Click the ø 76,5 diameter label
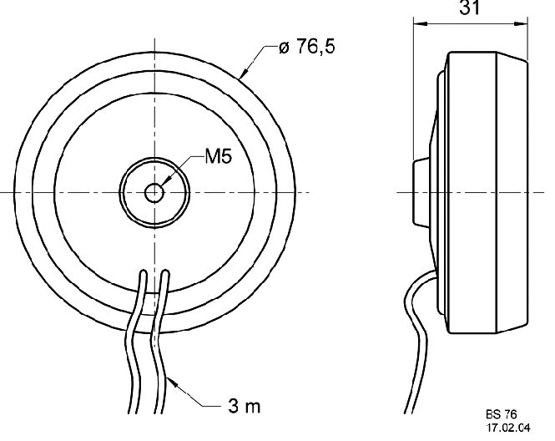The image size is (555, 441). tap(306, 47)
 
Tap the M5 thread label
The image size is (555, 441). tap(218, 156)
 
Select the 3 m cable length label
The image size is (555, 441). tap(244, 406)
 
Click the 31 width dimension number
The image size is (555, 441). tap(470, 8)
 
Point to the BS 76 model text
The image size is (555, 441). tap(502, 414)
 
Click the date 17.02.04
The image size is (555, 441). tap(508, 428)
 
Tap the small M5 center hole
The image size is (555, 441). tap(154, 193)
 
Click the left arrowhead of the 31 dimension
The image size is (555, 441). tap(421, 24)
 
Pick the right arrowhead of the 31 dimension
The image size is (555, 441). tap(520, 24)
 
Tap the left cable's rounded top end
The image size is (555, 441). tap(144, 273)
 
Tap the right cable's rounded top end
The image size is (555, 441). tap(165, 273)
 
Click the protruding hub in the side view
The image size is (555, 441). tap(422, 192)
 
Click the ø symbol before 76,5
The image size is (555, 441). tap(284, 48)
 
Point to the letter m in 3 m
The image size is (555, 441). tap(254, 408)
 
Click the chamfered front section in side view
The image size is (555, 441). tap(512, 192)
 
